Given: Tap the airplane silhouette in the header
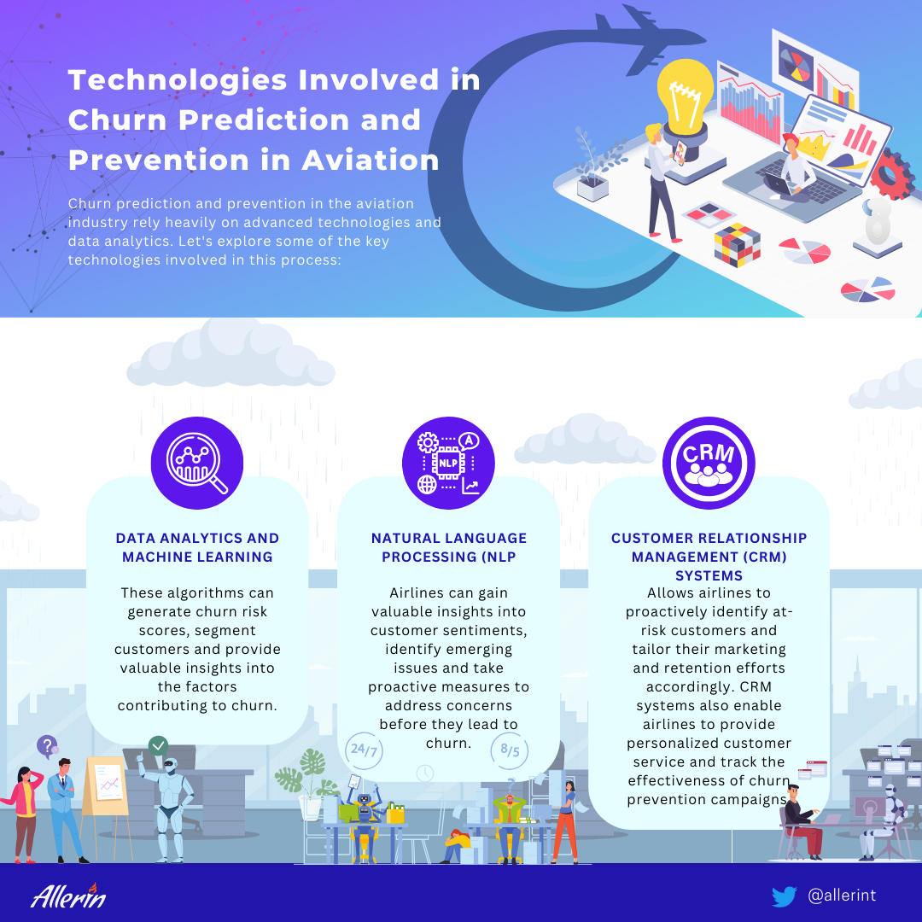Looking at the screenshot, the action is tap(647, 40).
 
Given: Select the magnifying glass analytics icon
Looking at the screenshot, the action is tap(197, 463).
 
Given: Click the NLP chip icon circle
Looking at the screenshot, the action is tap(448, 463).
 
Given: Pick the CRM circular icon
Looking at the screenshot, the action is tap(709, 463).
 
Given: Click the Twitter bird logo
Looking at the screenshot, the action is tap(784, 896).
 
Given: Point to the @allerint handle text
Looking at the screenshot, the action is tap(842, 896).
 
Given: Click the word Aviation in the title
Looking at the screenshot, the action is tap(371, 160).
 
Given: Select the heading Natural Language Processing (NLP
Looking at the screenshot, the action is tap(449, 547).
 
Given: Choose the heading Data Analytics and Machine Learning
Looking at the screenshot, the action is tap(197, 547).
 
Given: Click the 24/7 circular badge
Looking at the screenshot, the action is tap(364, 751).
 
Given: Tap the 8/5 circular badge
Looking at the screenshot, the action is tap(509, 751).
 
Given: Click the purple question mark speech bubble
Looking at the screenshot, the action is tap(48, 746).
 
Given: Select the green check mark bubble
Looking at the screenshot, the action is tap(158, 746).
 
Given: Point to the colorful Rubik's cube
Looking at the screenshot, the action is tap(737, 245).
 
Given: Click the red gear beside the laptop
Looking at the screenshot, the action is tap(892, 174).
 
